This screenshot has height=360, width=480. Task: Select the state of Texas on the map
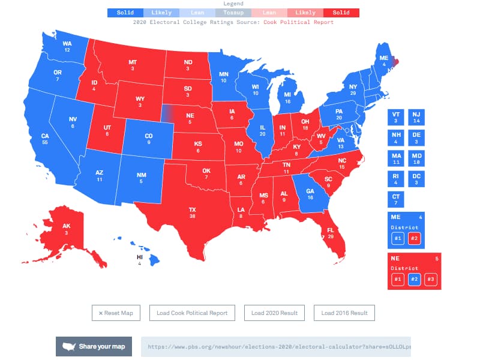click(x=192, y=213)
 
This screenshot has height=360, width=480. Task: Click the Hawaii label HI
click(x=139, y=259)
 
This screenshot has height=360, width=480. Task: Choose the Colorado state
click(x=148, y=139)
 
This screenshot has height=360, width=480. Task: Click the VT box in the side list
click(x=396, y=116)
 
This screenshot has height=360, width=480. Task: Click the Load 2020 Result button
click(x=274, y=313)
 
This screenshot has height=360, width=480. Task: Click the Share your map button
click(x=94, y=346)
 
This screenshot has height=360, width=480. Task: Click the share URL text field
click(x=276, y=347)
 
